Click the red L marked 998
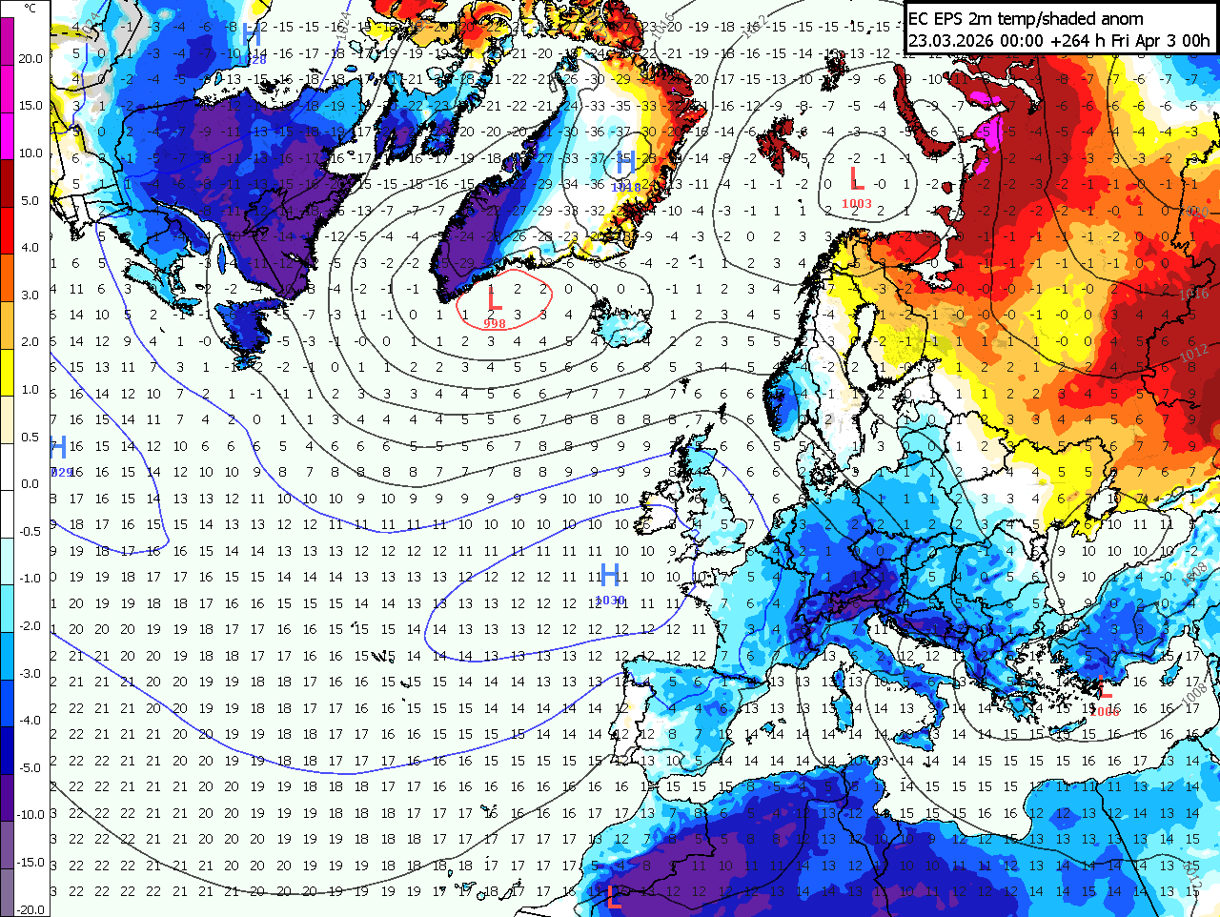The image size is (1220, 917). (x=494, y=299)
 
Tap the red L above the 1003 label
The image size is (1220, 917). (x=857, y=178)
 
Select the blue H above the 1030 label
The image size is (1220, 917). (x=610, y=576)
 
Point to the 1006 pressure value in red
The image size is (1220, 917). (x=1105, y=711)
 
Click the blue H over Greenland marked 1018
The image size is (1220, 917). (x=625, y=163)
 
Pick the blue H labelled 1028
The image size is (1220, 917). (x=252, y=35)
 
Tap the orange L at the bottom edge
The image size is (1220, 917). (x=614, y=896)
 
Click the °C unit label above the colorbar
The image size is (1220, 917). (x=30, y=9)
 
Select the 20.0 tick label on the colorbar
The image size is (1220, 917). (x=30, y=59)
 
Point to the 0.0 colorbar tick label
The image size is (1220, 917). (x=30, y=484)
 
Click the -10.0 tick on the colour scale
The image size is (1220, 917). (x=30, y=815)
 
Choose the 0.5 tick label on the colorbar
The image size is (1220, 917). (x=30, y=438)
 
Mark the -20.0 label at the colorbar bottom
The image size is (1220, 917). (x=30, y=909)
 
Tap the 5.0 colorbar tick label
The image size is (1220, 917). (x=30, y=201)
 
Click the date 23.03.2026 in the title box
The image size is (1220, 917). (x=950, y=41)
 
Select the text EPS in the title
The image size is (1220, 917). (x=952, y=18)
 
